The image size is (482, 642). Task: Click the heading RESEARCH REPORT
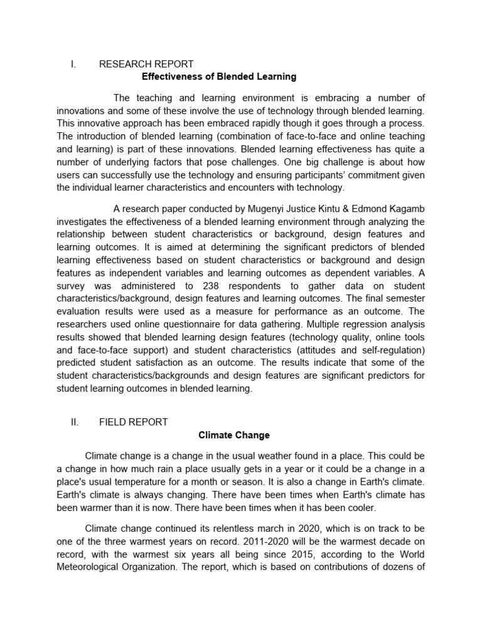coord(146,64)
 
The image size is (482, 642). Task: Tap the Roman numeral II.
coord(74,422)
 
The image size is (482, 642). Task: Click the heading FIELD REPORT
coord(133,422)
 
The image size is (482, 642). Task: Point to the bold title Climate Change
coord(234,434)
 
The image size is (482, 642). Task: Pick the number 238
coord(211,287)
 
